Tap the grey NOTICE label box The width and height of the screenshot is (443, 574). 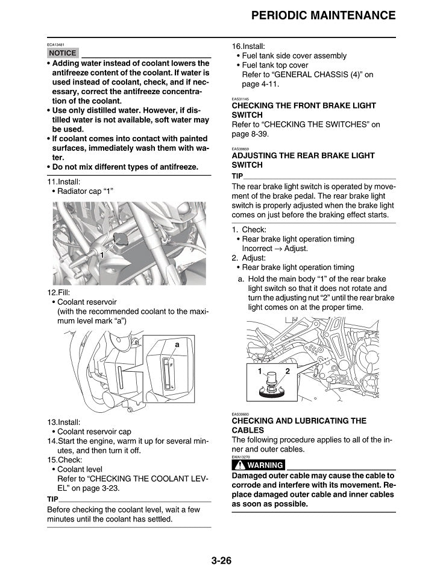coord(62,53)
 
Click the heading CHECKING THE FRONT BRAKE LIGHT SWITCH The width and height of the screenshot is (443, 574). coord(304,110)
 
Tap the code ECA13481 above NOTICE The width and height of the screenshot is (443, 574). coord(55,45)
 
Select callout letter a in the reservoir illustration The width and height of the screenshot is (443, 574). coord(177,344)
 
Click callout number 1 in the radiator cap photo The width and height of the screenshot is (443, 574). coord(102,255)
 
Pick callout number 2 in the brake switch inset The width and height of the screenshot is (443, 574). coord(287,371)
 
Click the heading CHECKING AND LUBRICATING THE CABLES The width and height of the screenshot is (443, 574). coord(299,425)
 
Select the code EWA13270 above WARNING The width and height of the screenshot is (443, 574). coord(241,457)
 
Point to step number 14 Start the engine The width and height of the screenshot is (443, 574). coord(52,441)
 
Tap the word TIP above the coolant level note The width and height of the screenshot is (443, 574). coord(52,499)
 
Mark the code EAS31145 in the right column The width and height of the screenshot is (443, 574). coord(240,99)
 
